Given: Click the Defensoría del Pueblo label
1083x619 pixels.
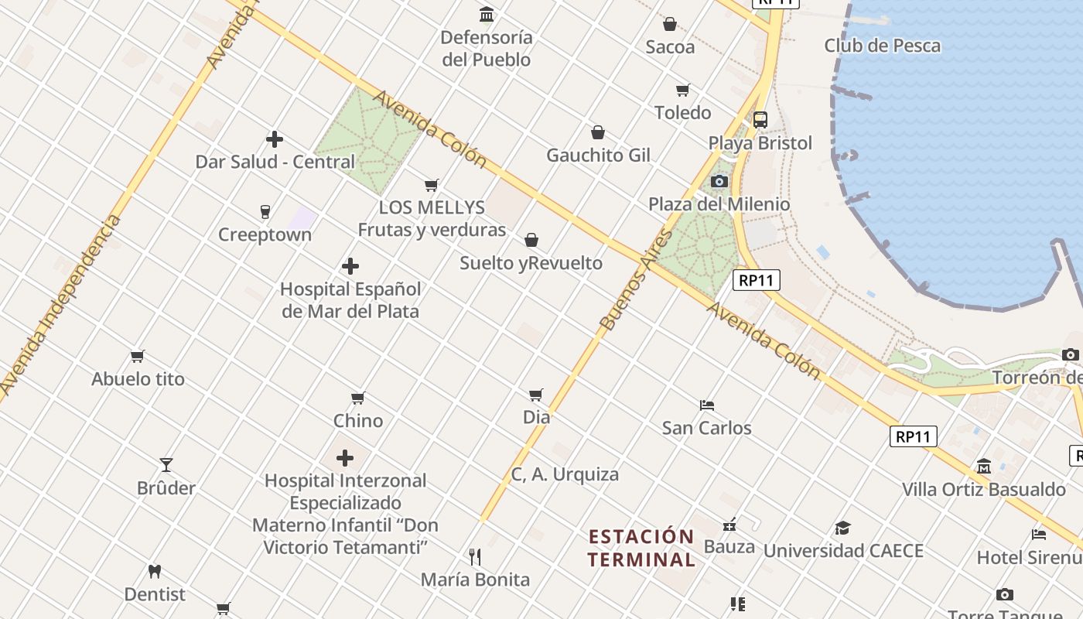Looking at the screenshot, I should [487, 48].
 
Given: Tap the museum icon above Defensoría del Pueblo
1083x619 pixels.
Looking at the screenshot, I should [487, 15].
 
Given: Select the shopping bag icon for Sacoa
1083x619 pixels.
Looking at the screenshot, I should [670, 24].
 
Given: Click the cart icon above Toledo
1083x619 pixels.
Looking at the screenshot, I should [682, 91].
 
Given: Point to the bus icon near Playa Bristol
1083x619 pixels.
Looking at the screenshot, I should [760, 120].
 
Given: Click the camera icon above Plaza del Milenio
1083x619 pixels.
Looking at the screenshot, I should [719, 182].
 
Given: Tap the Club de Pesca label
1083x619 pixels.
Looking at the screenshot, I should [882, 46].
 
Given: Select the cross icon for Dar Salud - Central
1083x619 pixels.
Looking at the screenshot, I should [275, 139].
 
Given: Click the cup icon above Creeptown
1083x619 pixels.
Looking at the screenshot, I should [265, 212].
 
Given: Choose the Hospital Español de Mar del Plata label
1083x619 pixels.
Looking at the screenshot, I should [350, 300].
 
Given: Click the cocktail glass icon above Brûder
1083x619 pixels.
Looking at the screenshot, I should [166, 465].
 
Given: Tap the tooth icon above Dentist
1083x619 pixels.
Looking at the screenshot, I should [155, 572].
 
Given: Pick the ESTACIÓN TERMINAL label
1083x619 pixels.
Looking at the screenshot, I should [641, 548].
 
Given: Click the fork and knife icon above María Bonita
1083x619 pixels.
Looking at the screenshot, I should [475, 556].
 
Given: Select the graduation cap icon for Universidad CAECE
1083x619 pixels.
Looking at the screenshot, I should [842, 528].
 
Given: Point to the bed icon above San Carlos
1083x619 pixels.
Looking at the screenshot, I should [706, 405].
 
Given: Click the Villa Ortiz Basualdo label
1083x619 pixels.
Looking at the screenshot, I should [984, 490].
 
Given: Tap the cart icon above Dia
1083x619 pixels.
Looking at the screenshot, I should [536, 395].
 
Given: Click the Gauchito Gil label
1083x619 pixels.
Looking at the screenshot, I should [598, 156].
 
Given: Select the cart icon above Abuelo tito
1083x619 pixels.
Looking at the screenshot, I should [138, 357].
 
